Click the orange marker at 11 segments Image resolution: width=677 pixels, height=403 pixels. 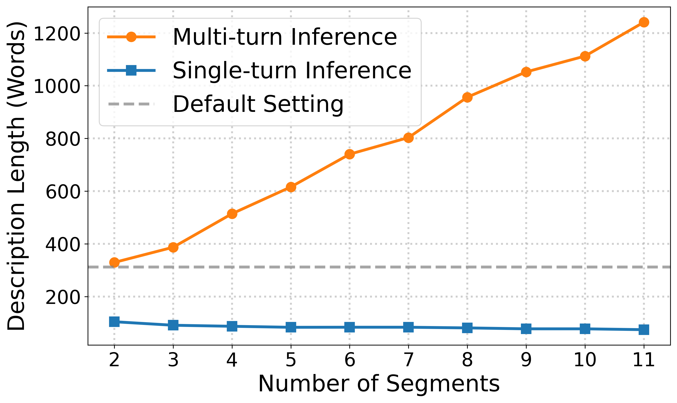click(x=644, y=22)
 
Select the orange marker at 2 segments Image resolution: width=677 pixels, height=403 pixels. click(x=114, y=262)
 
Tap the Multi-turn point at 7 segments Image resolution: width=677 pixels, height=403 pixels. click(x=408, y=138)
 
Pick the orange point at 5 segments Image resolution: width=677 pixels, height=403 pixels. click(x=291, y=187)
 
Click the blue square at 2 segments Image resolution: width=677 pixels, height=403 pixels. click(x=114, y=321)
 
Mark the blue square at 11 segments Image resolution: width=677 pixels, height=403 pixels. click(x=644, y=330)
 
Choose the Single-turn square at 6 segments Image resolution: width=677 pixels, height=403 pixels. click(x=350, y=327)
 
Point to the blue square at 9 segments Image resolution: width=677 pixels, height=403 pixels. click(x=526, y=329)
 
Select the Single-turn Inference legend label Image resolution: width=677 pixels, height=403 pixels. click(x=292, y=71)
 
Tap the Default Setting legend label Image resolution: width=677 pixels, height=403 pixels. click(x=258, y=104)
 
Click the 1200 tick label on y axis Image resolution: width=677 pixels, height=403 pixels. click(x=57, y=34)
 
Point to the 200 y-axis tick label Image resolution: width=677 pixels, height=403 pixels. click(x=63, y=298)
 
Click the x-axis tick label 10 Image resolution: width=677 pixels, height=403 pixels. click(x=585, y=360)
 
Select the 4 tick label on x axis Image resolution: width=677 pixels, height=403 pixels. click(x=232, y=360)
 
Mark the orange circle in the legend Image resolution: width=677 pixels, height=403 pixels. click(x=131, y=37)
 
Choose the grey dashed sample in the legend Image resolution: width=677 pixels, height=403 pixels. click(x=131, y=104)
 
